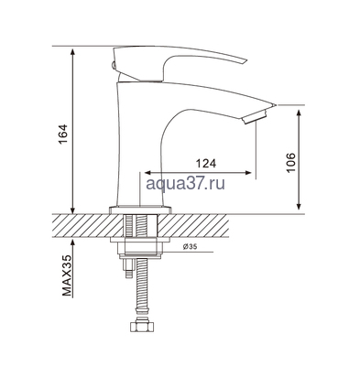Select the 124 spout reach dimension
click(x=206, y=163)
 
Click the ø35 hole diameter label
click(x=191, y=247)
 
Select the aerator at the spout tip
click(x=256, y=112)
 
